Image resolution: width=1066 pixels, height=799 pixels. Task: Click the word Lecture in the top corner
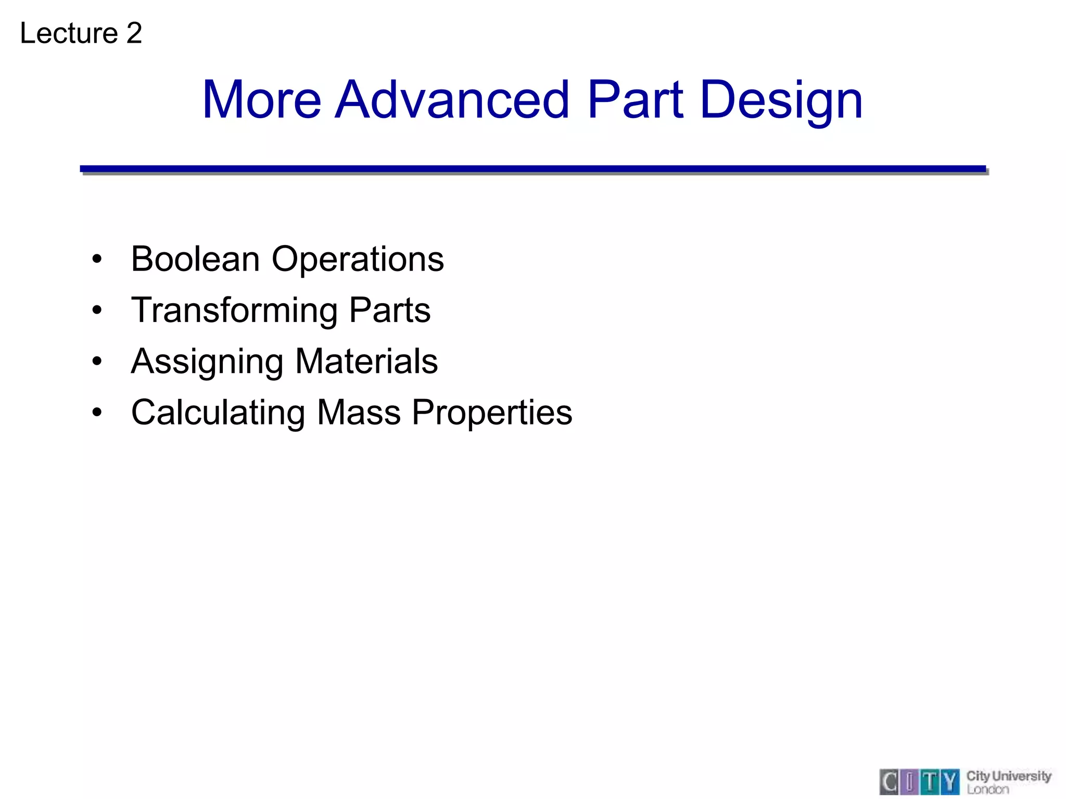(69, 33)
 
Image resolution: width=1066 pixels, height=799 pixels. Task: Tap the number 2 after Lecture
(134, 33)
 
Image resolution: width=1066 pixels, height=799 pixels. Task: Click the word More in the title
(261, 99)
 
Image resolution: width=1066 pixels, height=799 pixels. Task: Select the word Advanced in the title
(452, 99)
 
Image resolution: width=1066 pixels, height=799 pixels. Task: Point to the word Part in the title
(634, 99)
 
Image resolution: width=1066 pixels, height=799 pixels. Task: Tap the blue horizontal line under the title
(532, 169)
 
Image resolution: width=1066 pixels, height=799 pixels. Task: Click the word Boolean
(195, 259)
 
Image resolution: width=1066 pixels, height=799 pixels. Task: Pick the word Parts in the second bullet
(389, 310)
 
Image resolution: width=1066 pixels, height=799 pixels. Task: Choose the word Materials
(366, 361)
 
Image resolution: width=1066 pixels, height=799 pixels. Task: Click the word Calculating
(218, 413)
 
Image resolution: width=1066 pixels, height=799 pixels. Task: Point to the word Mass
(359, 413)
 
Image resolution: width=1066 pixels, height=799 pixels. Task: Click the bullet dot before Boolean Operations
(97, 259)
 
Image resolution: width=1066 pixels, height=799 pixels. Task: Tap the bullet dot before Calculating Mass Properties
(97, 413)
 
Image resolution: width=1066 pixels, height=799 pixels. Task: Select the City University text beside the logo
(1009, 776)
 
